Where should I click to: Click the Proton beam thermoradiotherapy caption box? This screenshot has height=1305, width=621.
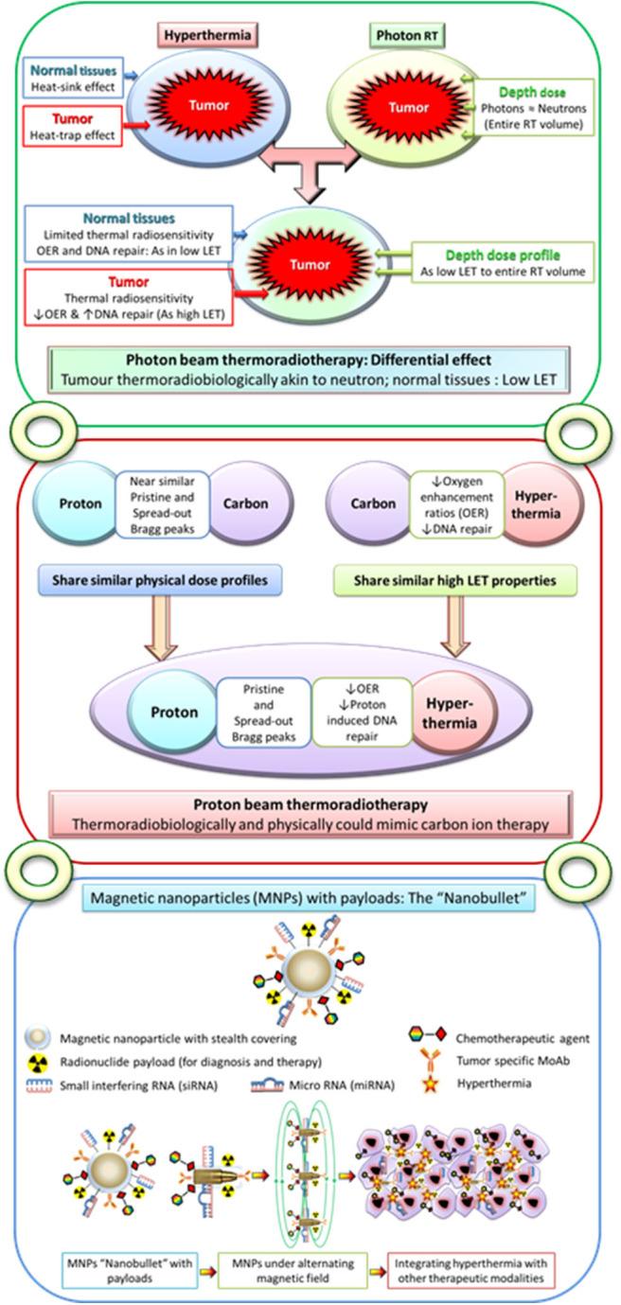click(311, 813)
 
